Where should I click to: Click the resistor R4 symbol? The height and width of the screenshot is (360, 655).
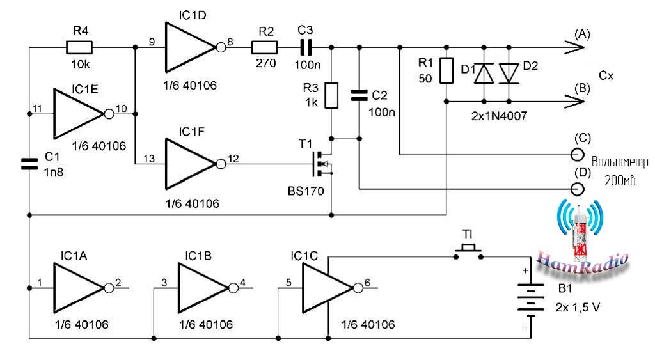pyautogui.click(x=80, y=47)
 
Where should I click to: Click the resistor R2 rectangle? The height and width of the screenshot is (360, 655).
pyautogui.click(x=264, y=47)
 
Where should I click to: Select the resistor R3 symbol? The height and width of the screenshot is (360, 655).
pyautogui.click(x=331, y=95)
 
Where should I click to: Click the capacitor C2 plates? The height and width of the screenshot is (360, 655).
pyautogui.click(x=359, y=96)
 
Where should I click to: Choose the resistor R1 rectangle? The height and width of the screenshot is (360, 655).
pyautogui.click(x=446, y=71)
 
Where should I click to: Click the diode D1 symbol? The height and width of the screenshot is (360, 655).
pyautogui.click(x=483, y=74)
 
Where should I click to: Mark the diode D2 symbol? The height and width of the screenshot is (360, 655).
pyautogui.click(x=509, y=74)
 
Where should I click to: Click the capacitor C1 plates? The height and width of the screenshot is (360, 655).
pyautogui.click(x=29, y=162)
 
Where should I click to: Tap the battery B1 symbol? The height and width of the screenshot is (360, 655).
pyautogui.click(x=526, y=301)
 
